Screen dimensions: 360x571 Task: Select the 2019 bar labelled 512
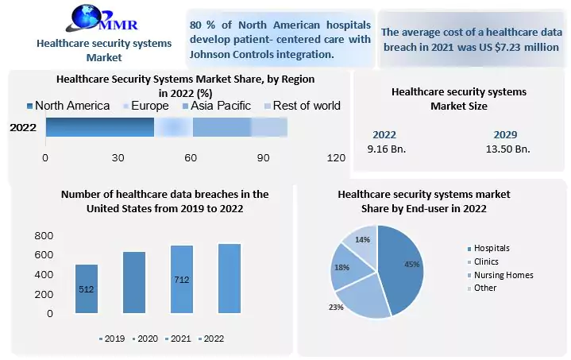[x=87, y=288]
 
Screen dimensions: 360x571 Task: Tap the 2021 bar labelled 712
[x=182, y=279]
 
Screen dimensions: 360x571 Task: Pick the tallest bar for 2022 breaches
[x=230, y=278]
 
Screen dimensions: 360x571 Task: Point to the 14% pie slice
[x=362, y=242]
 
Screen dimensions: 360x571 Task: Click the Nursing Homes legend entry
[x=503, y=275]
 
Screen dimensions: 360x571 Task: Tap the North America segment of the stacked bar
[x=99, y=127]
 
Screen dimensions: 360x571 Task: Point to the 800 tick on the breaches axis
[x=43, y=236]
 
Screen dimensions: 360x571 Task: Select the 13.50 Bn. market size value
[x=507, y=149]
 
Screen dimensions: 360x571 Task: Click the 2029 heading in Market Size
[x=507, y=134]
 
